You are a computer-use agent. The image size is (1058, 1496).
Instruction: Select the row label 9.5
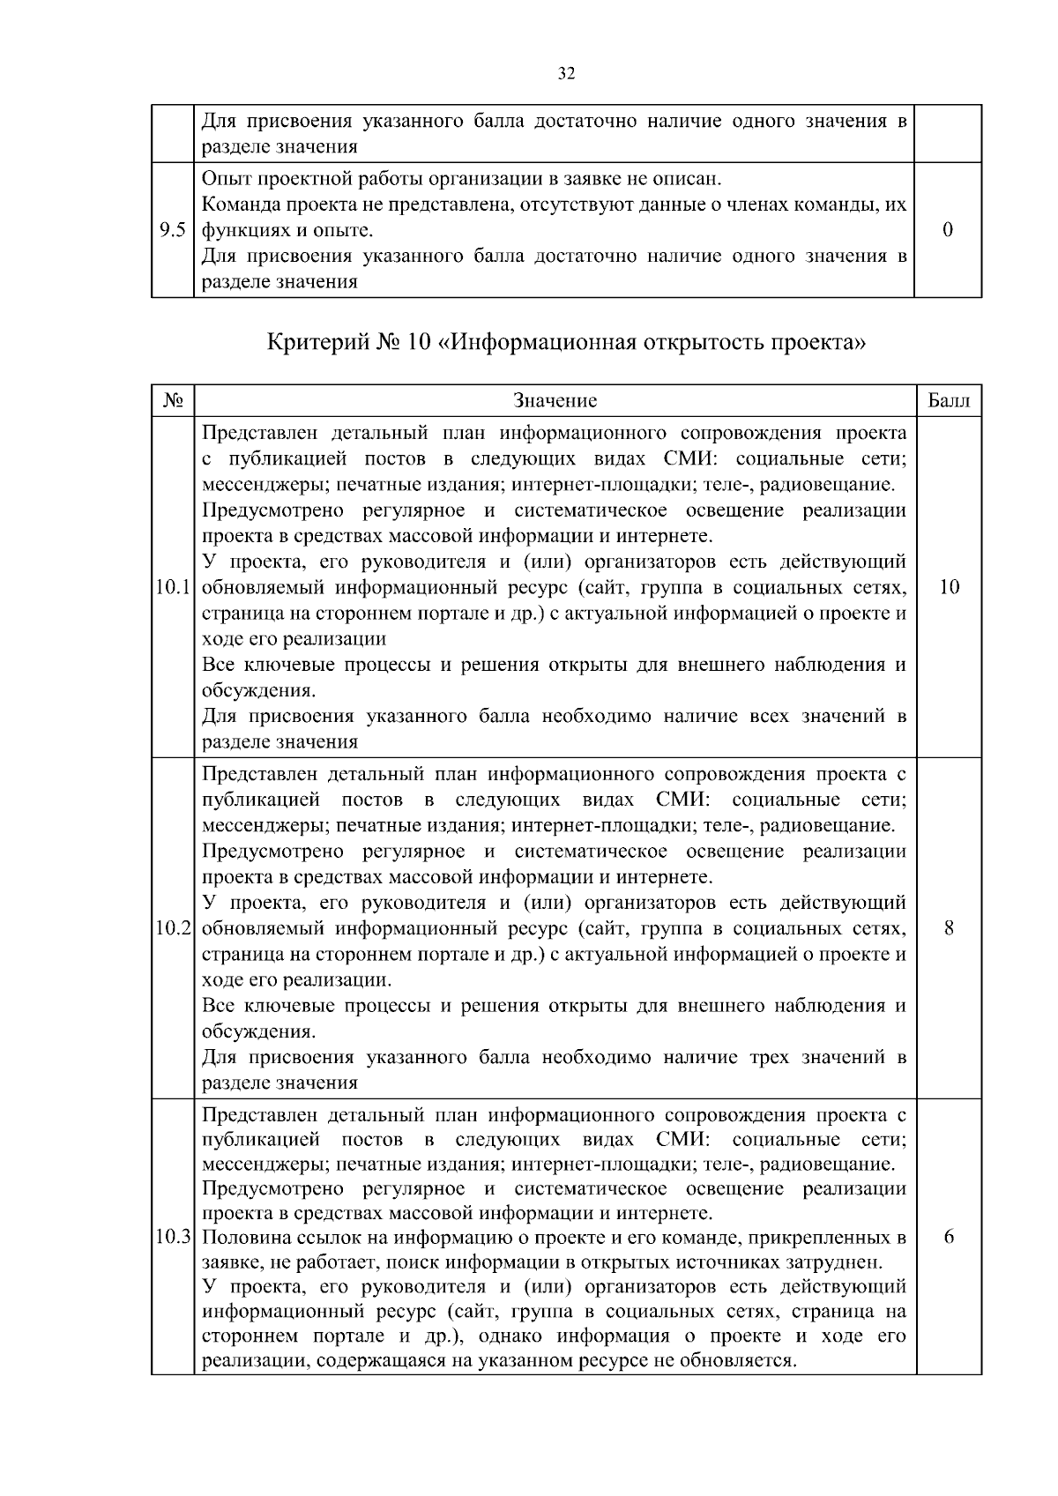point(172,231)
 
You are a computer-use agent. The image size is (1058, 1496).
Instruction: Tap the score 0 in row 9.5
point(948,230)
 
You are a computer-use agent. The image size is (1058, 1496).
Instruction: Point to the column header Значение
point(555,401)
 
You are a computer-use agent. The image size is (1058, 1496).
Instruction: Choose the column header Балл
point(949,401)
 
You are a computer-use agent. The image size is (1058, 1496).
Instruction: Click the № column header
point(173,401)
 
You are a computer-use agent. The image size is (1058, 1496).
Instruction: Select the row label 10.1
point(173,588)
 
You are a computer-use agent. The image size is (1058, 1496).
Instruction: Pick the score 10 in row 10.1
point(949,587)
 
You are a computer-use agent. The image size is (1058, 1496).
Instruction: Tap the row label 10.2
point(173,928)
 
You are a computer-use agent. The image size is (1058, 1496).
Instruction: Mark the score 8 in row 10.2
point(949,928)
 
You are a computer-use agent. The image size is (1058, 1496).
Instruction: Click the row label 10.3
point(173,1238)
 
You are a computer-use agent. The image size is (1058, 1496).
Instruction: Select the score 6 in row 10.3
point(949,1237)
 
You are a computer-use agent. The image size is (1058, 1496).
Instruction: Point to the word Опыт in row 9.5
point(226,179)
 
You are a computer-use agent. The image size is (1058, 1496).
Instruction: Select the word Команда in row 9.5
point(239,205)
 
